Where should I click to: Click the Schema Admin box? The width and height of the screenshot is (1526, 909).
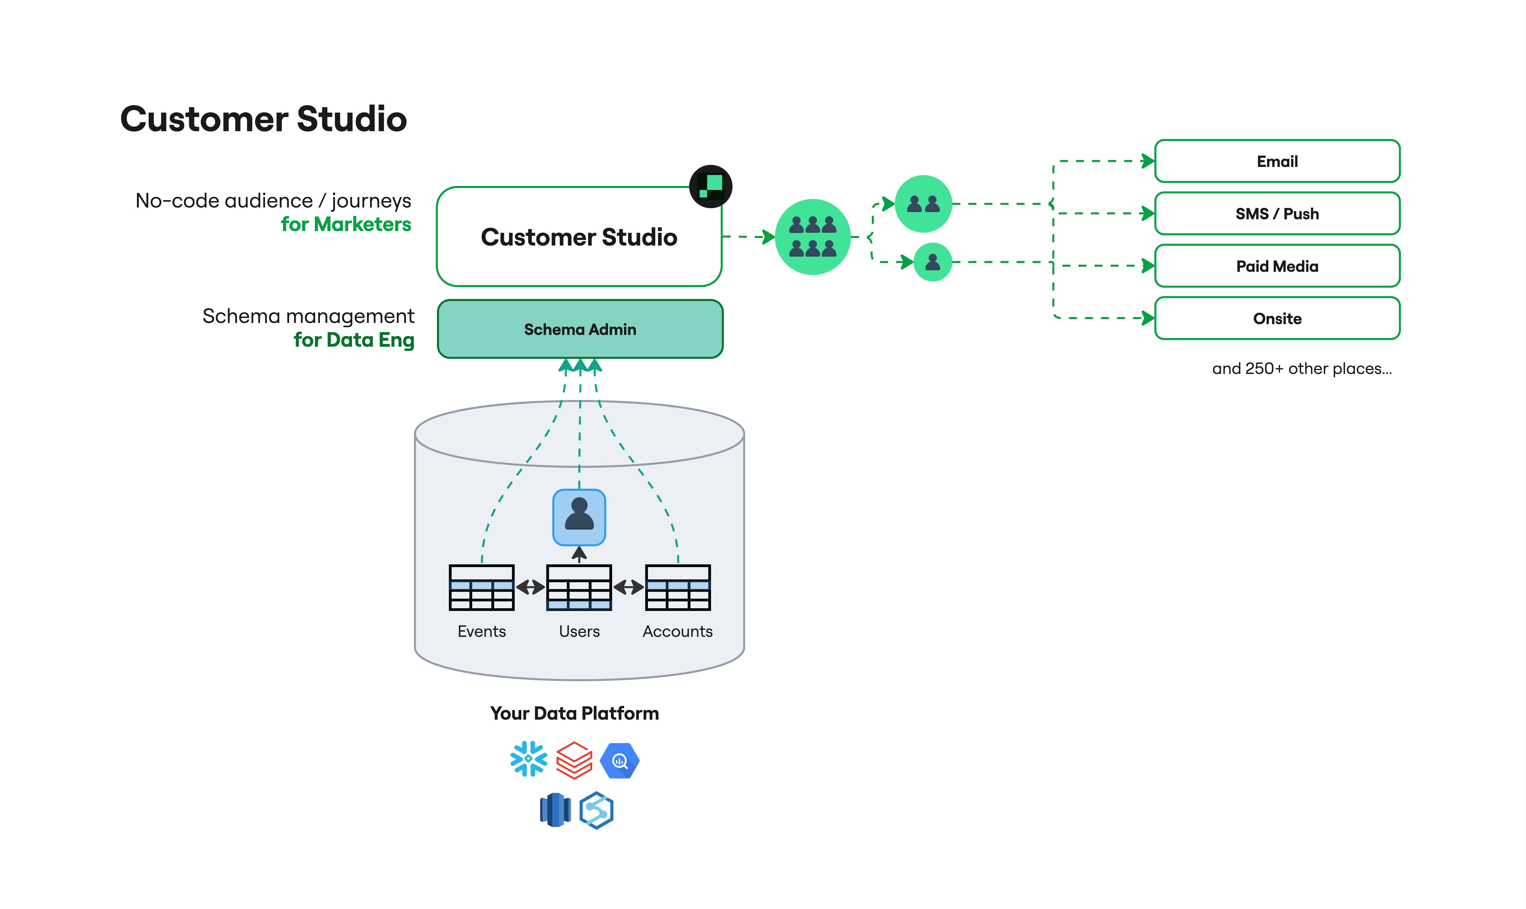point(580,329)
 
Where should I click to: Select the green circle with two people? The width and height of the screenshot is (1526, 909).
point(923,203)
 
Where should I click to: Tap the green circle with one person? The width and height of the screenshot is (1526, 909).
point(932,262)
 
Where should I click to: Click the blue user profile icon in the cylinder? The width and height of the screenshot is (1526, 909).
point(579,517)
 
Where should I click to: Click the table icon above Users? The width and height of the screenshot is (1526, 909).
point(579,587)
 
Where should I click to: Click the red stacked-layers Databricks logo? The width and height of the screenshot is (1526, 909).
point(573,760)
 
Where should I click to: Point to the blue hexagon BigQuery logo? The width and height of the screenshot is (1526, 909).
point(619,761)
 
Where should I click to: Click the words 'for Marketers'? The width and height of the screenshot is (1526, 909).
point(346,224)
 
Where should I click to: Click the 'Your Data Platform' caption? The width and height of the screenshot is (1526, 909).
point(574,713)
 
